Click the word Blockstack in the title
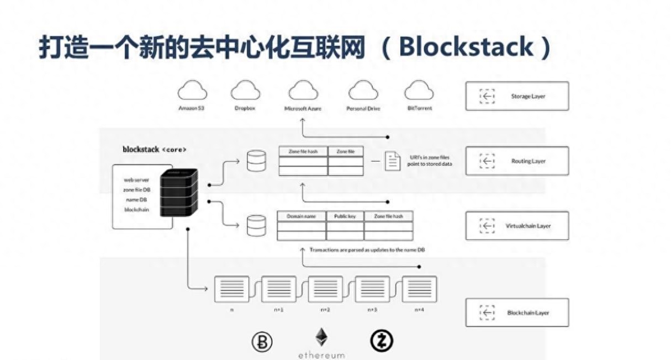pos(467,47)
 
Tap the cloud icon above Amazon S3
pos(192,91)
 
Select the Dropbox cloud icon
pos(245,91)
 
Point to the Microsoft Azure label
pos(303,109)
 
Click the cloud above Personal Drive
pos(363,91)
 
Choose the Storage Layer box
pos(516,96)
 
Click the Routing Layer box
pos(516,161)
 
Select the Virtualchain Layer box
pos(516,225)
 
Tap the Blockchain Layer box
pos(516,313)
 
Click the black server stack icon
pos(179,192)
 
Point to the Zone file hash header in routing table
pos(303,151)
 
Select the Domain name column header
pos(302,216)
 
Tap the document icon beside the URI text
pos(393,161)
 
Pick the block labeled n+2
pos(325,289)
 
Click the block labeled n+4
pos(419,289)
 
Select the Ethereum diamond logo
pos(321,338)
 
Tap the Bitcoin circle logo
pos(262,342)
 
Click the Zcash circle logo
pos(381,342)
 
